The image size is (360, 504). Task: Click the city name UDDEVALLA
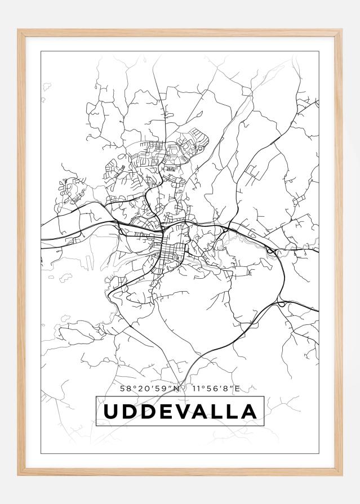pos(180,412)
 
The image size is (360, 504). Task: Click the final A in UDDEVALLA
pos(248,412)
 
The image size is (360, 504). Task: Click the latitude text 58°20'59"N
pos(150,388)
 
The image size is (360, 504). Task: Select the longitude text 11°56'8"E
pos(216,388)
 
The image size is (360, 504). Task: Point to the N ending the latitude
pos(176,388)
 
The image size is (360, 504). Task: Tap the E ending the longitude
pos(237,388)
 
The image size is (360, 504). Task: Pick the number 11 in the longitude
pos(195,388)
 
